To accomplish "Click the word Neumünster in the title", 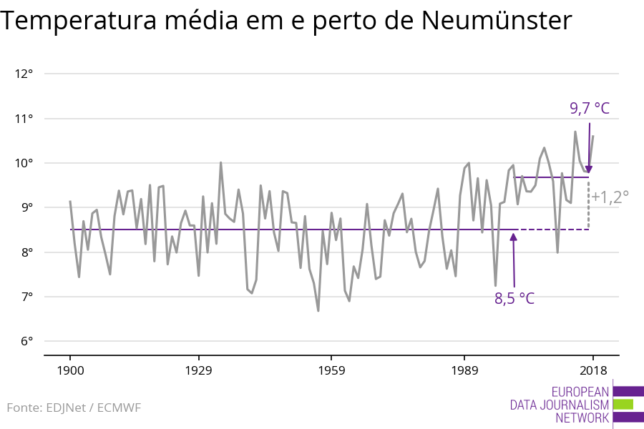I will (497, 21).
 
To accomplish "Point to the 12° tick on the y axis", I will (24, 74).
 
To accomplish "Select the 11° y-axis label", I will (24, 119).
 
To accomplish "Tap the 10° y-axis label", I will (24, 163).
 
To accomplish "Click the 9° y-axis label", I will (26, 207).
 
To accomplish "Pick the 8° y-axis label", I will (26, 252).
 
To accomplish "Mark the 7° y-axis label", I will (26, 297).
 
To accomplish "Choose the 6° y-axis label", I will (26, 341).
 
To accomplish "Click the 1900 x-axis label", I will (70, 370).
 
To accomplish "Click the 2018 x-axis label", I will (592, 370).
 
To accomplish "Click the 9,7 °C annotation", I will (590, 109).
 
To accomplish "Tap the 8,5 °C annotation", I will (514, 299).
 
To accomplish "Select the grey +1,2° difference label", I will (610, 196).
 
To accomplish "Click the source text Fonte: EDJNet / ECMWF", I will (74, 408).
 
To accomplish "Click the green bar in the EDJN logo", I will (623, 405).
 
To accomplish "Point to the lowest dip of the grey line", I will (318, 310).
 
